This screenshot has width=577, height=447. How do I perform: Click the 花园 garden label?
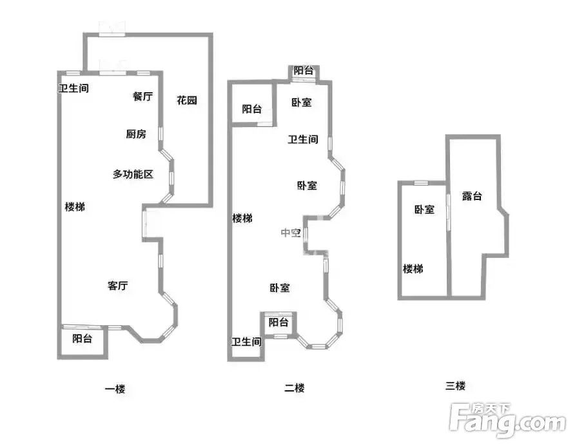click(187, 100)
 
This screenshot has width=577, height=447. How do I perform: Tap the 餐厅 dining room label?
click(142, 97)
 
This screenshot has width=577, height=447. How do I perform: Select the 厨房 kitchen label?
click(136, 134)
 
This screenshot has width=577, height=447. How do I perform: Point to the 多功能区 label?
click(133, 174)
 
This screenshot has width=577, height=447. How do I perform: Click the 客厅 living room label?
click(118, 286)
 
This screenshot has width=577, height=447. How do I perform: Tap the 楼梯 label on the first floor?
click(75, 207)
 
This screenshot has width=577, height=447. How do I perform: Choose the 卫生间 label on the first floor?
click(73, 88)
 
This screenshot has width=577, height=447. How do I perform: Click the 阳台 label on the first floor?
click(82, 339)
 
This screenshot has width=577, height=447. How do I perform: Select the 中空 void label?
click(291, 233)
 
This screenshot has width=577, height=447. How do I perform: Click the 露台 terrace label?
click(472, 196)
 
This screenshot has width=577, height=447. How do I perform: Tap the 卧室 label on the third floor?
click(425, 210)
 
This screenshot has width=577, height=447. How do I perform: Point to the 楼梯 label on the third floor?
click(413, 269)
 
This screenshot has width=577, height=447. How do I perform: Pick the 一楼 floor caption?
click(115, 389)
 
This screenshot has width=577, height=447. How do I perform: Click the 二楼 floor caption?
click(295, 388)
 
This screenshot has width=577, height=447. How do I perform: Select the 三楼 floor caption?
click(456, 386)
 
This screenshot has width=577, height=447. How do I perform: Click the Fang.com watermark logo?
click(508, 421)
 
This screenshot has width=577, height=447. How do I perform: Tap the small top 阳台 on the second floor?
click(304, 70)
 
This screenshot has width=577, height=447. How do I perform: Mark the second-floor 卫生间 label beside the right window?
click(303, 139)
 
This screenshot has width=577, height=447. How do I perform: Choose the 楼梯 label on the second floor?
click(242, 219)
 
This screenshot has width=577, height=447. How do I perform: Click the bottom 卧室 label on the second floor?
click(280, 288)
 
